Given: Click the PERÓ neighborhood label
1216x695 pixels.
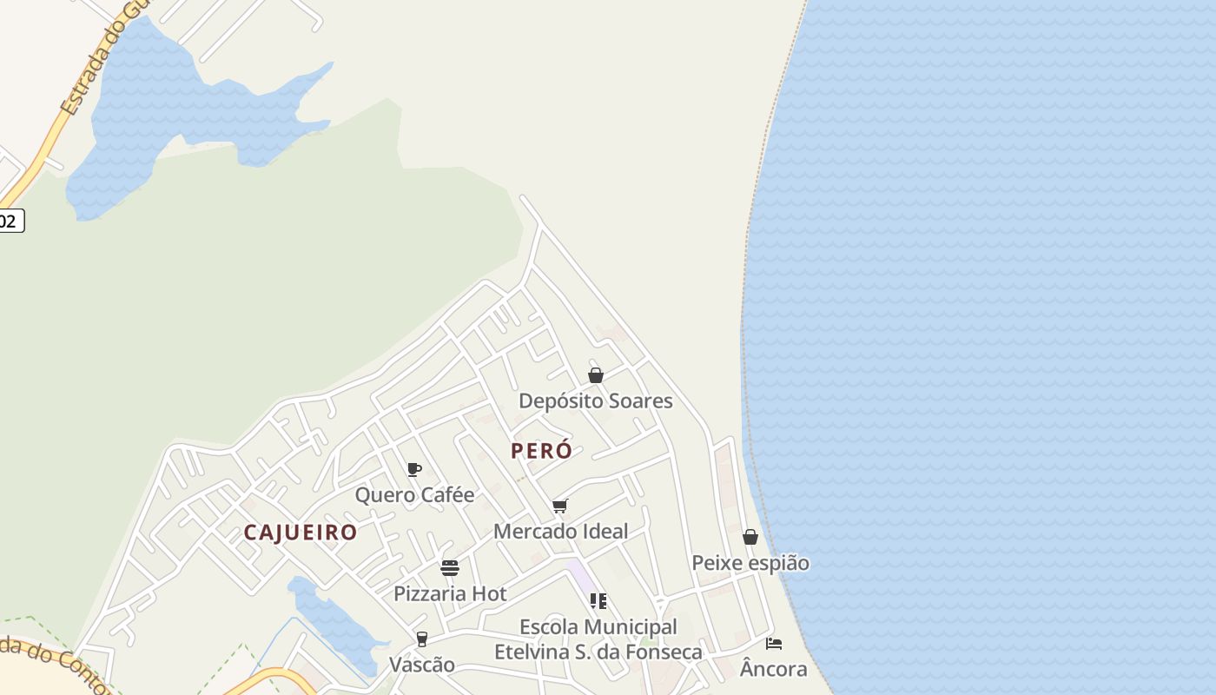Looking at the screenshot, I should pyautogui.click(x=541, y=451).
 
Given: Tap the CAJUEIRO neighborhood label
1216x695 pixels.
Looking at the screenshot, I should pyautogui.click(x=301, y=532).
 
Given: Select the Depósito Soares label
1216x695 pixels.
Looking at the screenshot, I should pyautogui.click(x=596, y=400).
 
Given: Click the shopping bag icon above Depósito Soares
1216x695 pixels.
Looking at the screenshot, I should pyautogui.click(x=596, y=375).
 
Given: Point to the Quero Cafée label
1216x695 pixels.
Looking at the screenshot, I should pyautogui.click(x=414, y=495).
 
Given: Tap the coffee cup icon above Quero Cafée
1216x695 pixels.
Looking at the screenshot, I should pyautogui.click(x=414, y=470).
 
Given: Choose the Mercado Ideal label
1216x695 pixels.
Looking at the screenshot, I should pyautogui.click(x=560, y=531).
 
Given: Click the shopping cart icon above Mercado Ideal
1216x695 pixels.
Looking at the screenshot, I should pyautogui.click(x=560, y=506).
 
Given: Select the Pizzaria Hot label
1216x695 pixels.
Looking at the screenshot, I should pyautogui.click(x=450, y=593).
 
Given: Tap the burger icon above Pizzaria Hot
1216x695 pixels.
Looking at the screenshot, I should pyautogui.click(x=450, y=568).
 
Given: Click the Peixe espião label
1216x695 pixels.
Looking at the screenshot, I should pyautogui.click(x=750, y=563).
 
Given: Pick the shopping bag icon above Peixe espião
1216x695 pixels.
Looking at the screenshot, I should pyautogui.click(x=750, y=538).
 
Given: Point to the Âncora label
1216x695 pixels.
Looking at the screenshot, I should pyautogui.click(x=773, y=669).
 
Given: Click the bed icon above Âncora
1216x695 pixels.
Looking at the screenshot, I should pyautogui.click(x=773, y=644).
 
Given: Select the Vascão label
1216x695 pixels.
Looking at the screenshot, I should pyautogui.click(x=422, y=665).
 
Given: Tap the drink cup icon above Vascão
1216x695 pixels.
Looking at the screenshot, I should pyautogui.click(x=422, y=639).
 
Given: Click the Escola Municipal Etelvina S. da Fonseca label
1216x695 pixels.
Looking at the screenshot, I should pyautogui.click(x=598, y=639).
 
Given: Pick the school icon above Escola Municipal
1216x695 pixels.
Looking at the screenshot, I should pyautogui.click(x=598, y=601).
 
